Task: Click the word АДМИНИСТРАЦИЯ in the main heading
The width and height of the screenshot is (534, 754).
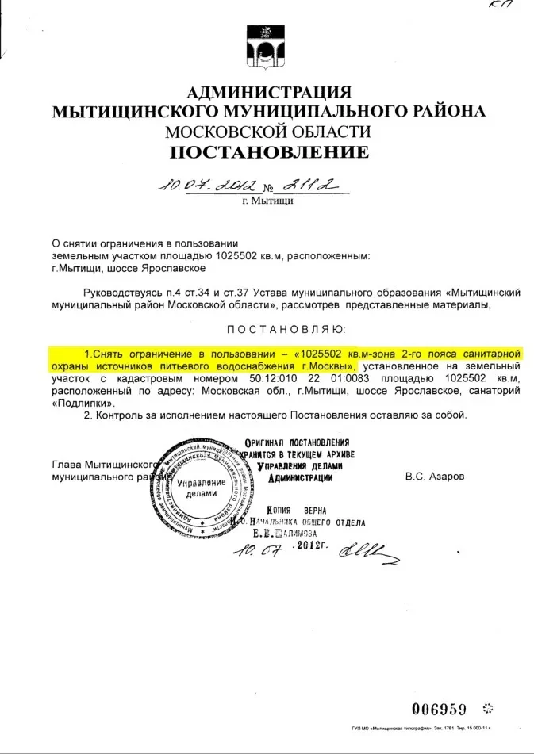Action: (x=267, y=92)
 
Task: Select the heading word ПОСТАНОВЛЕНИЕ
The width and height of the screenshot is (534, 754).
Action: (x=268, y=151)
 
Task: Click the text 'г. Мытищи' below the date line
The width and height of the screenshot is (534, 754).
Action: (x=267, y=201)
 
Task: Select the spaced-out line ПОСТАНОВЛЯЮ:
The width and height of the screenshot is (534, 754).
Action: (x=285, y=328)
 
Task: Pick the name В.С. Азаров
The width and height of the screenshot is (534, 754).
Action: (x=435, y=477)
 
